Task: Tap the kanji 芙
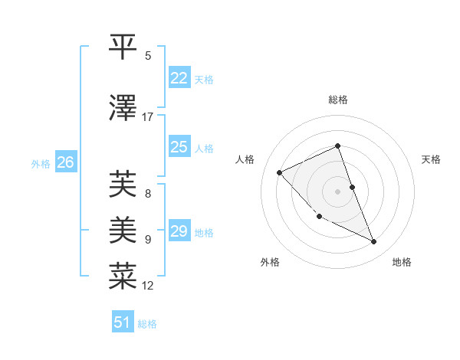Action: coord(124,184)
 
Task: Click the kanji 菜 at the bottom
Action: coord(124,275)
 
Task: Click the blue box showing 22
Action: coord(179,78)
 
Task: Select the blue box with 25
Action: coord(179,147)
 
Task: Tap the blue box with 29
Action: coord(179,231)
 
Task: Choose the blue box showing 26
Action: coord(65,162)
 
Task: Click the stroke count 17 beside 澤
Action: coord(148,117)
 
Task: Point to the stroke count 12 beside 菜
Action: coord(148,286)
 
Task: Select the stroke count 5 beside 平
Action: coord(148,56)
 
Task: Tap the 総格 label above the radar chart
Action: coord(338,100)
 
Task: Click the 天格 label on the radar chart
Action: coord(432,159)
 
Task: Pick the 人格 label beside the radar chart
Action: coord(245,159)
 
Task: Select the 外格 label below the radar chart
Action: coord(270,263)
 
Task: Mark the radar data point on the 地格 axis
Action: coord(374,242)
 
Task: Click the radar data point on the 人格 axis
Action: coord(280,172)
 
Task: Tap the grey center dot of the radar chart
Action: coord(338,191)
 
